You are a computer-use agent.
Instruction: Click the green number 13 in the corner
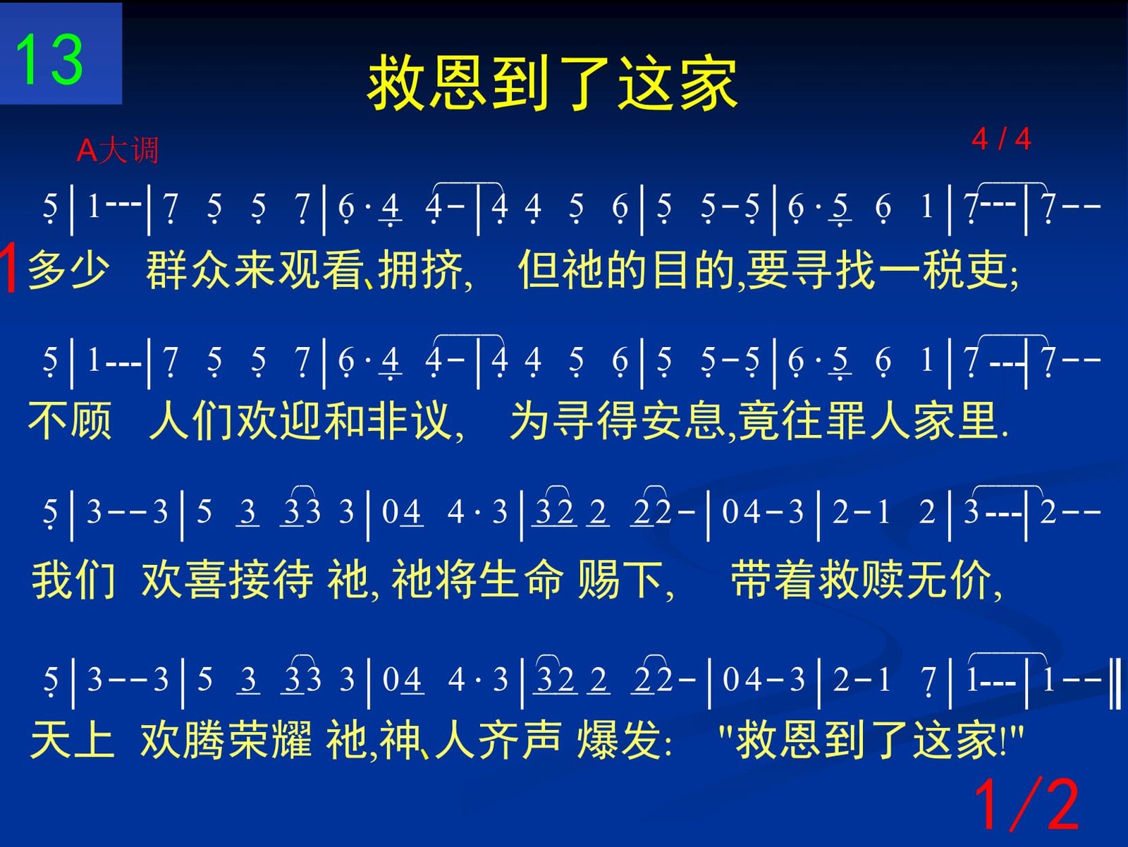click(49, 59)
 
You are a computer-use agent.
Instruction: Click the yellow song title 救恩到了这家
click(553, 83)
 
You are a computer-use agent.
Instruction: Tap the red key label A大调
click(117, 151)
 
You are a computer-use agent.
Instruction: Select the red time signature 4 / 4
click(1001, 139)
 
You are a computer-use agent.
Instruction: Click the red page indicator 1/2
click(1026, 805)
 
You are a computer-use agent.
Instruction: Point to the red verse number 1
click(8, 268)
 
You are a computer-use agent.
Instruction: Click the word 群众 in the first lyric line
click(189, 270)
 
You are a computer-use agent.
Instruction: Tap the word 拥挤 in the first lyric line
click(420, 270)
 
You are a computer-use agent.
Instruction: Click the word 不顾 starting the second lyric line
click(70, 420)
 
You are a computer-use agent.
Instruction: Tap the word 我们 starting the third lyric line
click(74, 579)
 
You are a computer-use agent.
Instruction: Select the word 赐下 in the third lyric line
click(620, 579)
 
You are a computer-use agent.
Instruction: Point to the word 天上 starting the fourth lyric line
click(72, 739)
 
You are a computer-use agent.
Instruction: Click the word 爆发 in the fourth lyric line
click(619, 739)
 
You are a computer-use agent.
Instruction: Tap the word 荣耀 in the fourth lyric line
click(269, 739)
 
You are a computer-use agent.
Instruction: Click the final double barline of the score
click(1115, 682)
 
